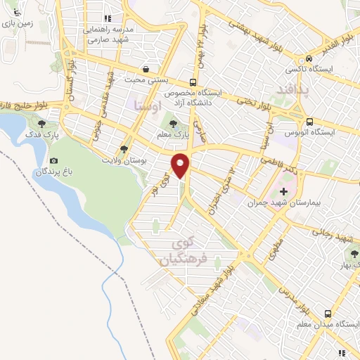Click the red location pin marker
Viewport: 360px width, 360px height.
point(181,165)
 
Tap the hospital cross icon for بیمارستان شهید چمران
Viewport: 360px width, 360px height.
point(284,191)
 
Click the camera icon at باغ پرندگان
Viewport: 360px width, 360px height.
point(54,161)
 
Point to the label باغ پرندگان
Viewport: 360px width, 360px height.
point(53,172)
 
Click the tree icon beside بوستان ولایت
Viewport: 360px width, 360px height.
point(124,149)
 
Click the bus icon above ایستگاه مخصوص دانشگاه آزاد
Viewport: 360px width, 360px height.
point(193,81)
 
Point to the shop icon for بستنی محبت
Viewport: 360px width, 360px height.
point(145,69)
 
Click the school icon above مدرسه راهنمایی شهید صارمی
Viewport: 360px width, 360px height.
point(108,19)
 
